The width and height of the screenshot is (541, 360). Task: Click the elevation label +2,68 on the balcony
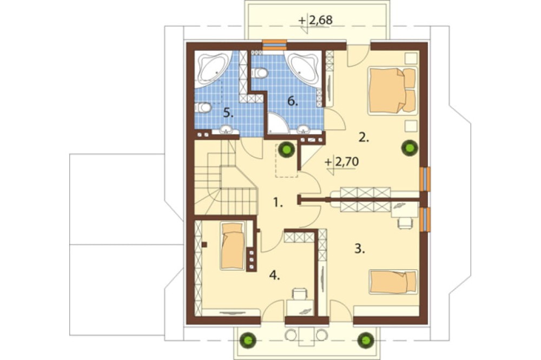coord(316,21)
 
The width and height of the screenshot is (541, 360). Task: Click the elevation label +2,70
coord(342,162)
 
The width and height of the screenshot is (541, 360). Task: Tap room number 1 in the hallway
coord(278,202)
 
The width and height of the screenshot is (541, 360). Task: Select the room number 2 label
coord(364,138)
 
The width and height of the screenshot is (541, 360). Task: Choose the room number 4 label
coord(275,275)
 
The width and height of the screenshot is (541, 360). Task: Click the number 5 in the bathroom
coord(228,112)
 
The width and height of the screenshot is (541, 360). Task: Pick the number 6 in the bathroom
coord(293,102)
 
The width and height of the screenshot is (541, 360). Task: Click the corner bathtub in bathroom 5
coord(212,69)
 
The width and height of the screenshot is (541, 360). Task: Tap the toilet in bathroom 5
coord(203,108)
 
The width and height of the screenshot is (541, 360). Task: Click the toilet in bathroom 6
coord(259,73)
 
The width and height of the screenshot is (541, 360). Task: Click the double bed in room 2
coord(393,90)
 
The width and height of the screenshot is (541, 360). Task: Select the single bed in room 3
coord(393,282)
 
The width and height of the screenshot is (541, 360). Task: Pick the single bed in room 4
coord(233,245)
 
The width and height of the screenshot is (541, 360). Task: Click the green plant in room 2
coord(410,148)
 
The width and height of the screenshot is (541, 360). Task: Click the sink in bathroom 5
coord(227,130)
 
